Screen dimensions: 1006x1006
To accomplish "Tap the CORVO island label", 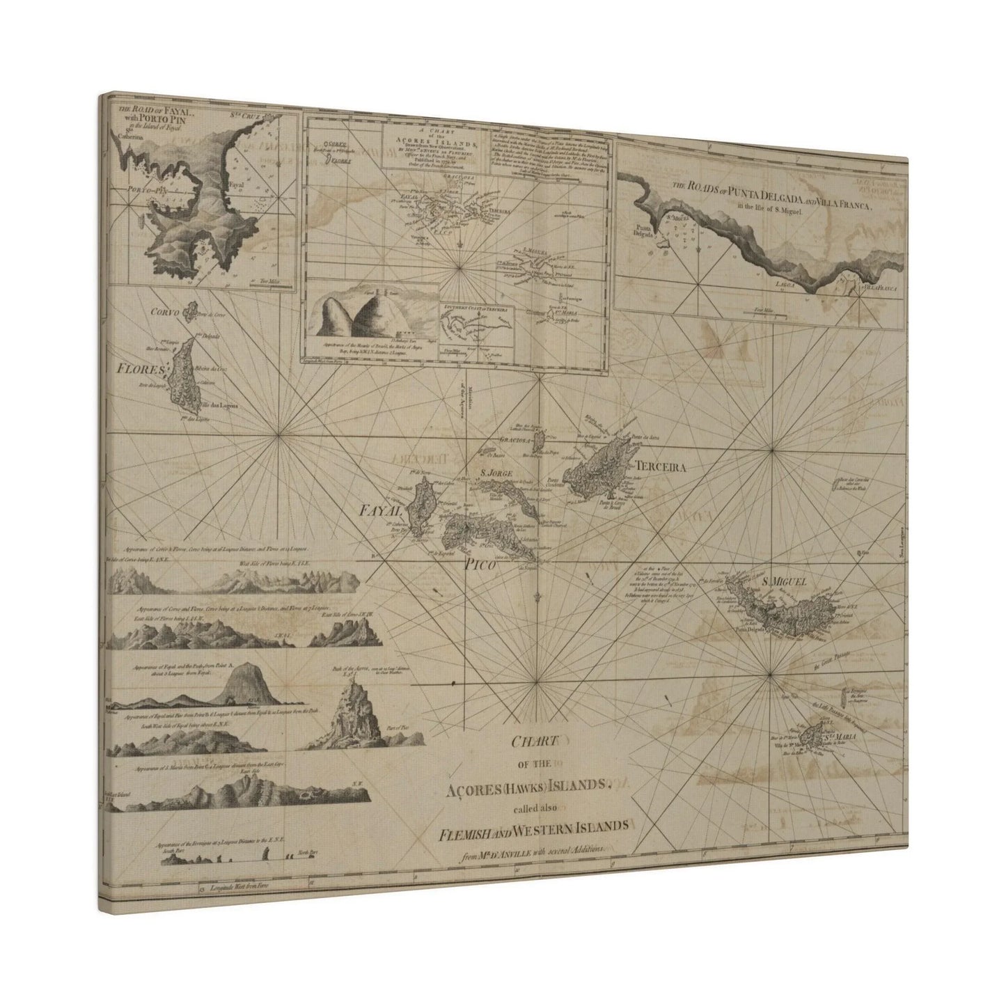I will click(164, 313).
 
